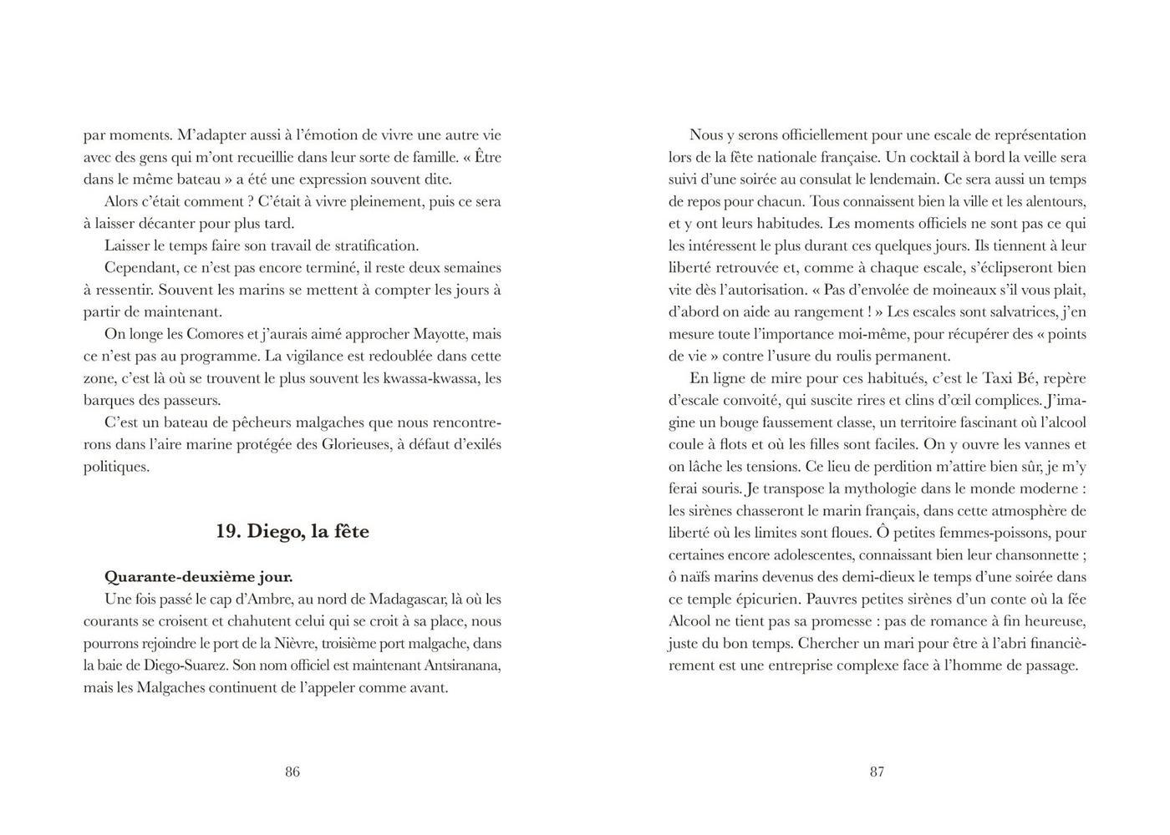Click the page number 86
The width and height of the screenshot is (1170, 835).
tap(292, 772)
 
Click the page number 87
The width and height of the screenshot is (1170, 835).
tap(877, 772)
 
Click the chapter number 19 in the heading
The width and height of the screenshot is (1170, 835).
tap(227, 532)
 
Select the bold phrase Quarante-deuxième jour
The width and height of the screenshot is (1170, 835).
tap(198, 577)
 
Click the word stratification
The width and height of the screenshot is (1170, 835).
tap(370, 245)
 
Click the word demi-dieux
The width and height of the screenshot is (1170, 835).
tap(904, 577)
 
